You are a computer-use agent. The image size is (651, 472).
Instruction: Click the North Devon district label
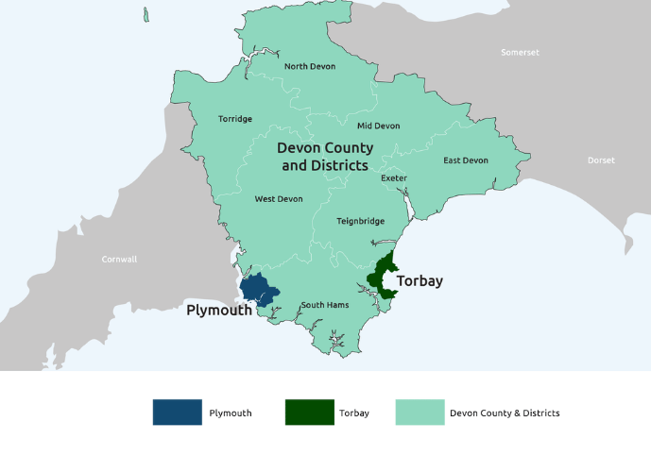(309, 66)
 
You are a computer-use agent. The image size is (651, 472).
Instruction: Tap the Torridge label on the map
(235, 119)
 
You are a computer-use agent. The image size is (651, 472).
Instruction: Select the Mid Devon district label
(378, 126)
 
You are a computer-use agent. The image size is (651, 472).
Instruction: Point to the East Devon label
(466, 160)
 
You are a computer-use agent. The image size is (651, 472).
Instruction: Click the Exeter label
(394, 177)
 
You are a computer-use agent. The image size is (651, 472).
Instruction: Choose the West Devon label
(279, 199)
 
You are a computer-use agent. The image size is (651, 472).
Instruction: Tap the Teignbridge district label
(361, 221)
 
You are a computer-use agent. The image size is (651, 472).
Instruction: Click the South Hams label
(325, 305)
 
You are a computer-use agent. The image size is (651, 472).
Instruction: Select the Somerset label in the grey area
(520, 52)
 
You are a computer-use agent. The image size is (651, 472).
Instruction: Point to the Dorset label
(601, 160)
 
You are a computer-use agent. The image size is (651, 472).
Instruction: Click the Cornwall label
(119, 259)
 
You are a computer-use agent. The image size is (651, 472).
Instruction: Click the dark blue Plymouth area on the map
(258, 289)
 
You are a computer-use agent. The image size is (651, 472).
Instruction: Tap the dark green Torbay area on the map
(383, 275)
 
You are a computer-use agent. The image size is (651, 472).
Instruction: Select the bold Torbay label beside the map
(420, 281)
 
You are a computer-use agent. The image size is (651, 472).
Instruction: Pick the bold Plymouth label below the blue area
(219, 310)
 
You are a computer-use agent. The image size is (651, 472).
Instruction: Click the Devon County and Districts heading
(325, 157)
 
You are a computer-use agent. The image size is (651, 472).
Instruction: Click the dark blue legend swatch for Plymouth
(178, 413)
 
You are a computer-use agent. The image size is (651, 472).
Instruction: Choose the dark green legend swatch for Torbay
(310, 413)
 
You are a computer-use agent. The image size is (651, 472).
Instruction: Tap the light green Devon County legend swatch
(419, 413)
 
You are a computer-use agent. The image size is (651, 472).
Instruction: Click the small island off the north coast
(146, 15)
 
